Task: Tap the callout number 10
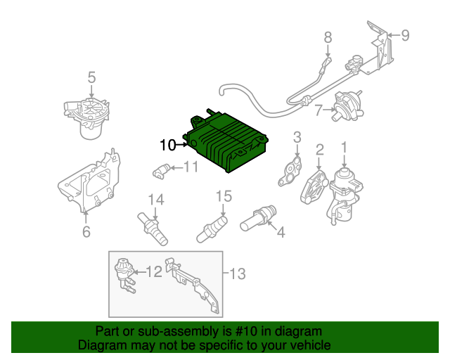pos(167,146)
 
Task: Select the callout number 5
pos(91,76)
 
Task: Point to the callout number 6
pos(86,231)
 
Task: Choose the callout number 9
pos(404,34)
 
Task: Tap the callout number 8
pos(328,37)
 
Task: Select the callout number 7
pos(319,110)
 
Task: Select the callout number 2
pos(319,149)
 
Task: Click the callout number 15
pos(223,196)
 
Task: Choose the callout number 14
pos(155,200)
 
